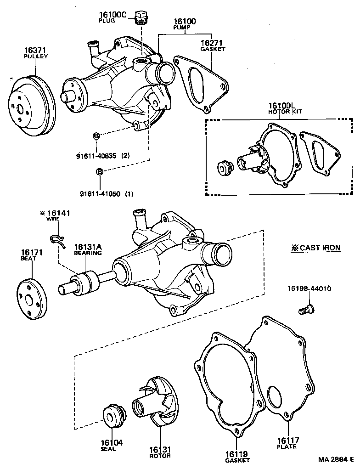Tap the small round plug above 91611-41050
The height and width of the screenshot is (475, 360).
99,172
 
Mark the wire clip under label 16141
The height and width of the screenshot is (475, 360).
56,239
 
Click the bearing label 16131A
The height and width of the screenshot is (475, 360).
88,247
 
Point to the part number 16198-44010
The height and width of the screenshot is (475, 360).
309,288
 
